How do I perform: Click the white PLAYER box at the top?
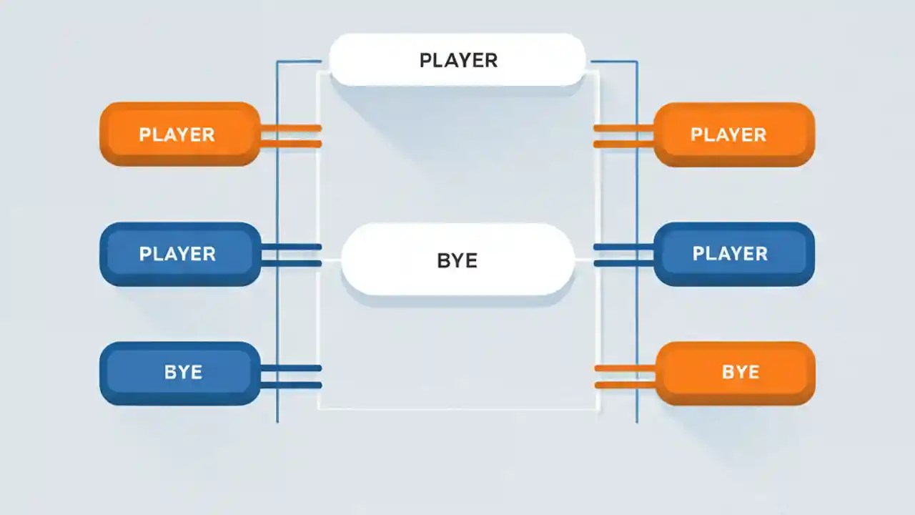[x=457, y=59]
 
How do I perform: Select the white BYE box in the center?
[x=457, y=260]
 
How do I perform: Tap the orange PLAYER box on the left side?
[x=179, y=134]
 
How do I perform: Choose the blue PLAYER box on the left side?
[x=179, y=254]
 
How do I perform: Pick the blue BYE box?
[x=179, y=373]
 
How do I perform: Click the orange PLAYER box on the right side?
[x=734, y=134]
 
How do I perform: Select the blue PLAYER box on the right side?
[x=734, y=254]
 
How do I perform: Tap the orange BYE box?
[x=736, y=373]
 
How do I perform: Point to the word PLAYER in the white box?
[x=458, y=60]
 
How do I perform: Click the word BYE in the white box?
[x=457, y=260]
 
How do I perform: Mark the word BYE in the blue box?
[x=183, y=373]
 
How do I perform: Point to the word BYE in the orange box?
[x=741, y=373]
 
